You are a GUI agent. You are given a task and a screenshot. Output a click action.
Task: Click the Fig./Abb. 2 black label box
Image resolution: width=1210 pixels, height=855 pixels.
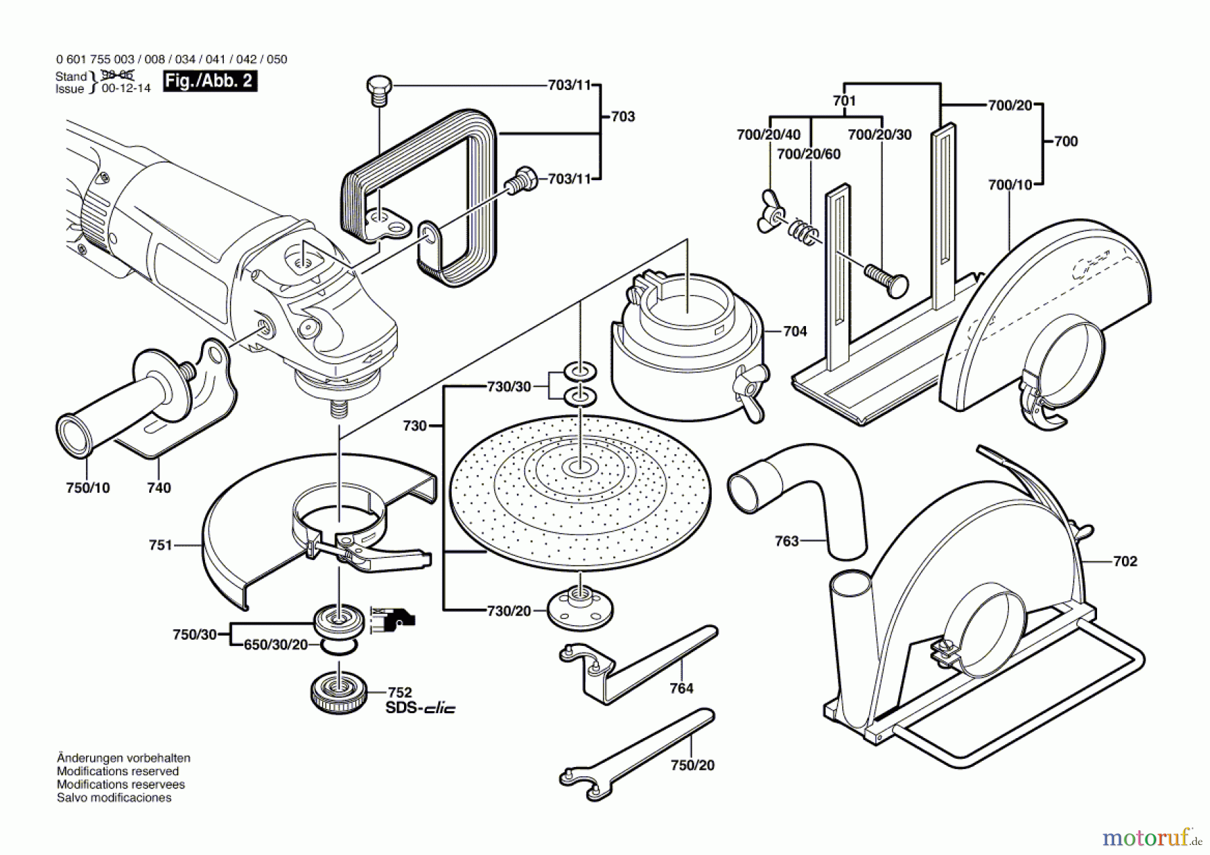[210, 81]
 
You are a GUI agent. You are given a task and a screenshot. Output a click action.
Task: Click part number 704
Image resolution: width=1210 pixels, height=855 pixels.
[795, 331]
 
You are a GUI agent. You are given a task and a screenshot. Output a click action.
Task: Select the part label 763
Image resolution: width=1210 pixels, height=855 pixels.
[787, 541]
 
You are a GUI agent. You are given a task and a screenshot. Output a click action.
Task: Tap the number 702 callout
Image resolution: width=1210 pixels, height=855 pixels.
[1125, 561]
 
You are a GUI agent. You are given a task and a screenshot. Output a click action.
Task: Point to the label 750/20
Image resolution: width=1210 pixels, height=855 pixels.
[692, 765]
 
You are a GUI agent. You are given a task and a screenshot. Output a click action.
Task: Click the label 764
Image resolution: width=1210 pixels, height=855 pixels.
[681, 688]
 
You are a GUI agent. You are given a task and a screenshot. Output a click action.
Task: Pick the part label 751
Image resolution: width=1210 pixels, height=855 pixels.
[161, 545]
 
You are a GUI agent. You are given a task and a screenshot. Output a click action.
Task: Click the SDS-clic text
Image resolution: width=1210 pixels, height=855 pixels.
[420, 708]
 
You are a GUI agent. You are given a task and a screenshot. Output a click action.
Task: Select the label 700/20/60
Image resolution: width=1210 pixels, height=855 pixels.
[809, 154]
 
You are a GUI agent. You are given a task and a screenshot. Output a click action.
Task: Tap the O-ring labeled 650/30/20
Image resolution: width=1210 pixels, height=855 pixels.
[339, 646]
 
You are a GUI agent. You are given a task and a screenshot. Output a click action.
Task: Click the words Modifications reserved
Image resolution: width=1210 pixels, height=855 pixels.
[118, 771]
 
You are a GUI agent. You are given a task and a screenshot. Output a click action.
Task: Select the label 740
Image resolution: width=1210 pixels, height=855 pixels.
[159, 488]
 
